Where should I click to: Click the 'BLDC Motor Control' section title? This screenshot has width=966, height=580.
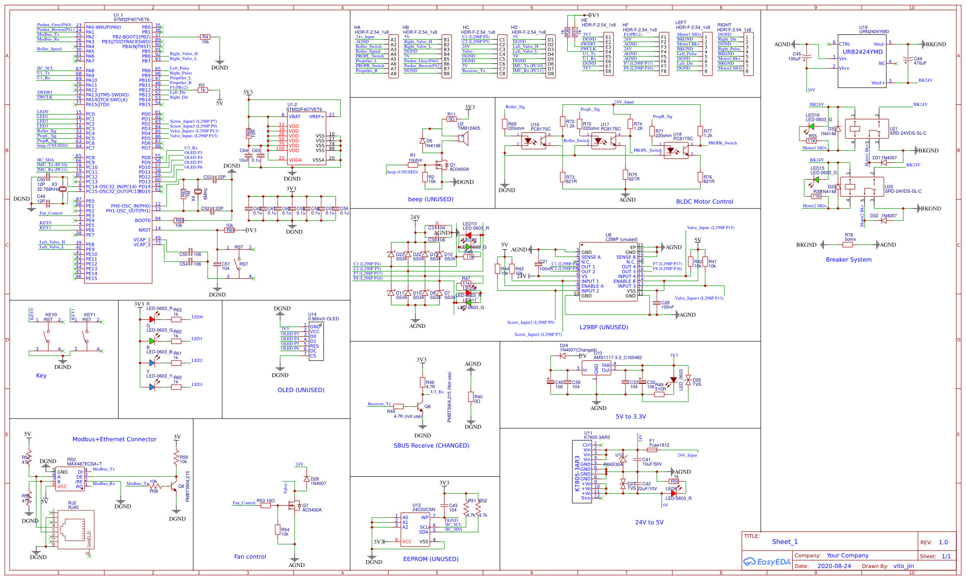tap(704, 202)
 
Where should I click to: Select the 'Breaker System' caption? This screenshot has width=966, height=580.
tap(849, 260)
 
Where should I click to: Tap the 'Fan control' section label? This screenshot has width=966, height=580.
tap(250, 557)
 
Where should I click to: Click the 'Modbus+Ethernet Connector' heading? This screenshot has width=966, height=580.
tap(114, 439)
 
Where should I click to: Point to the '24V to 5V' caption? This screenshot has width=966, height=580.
tap(649, 523)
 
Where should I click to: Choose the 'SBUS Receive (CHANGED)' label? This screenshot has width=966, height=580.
tap(431, 446)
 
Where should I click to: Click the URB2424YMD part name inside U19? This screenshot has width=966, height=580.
tap(863, 52)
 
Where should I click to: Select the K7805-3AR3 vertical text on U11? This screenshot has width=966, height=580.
tap(577, 473)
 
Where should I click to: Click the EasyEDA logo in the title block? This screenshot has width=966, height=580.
tap(767, 562)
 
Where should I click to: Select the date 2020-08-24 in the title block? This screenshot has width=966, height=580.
tap(834, 566)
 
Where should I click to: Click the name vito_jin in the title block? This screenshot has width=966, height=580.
tap(903, 566)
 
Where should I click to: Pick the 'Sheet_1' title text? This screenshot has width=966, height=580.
tap(784, 542)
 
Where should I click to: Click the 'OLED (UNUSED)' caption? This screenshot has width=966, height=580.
tap(301, 390)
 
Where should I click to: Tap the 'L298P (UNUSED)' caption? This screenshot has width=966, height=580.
tap(604, 327)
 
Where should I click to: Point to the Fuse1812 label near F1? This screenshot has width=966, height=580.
tap(659, 445)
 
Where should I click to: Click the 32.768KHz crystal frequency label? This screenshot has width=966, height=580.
tap(48, 189)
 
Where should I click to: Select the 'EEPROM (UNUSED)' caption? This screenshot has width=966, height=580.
tap(431, 559)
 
